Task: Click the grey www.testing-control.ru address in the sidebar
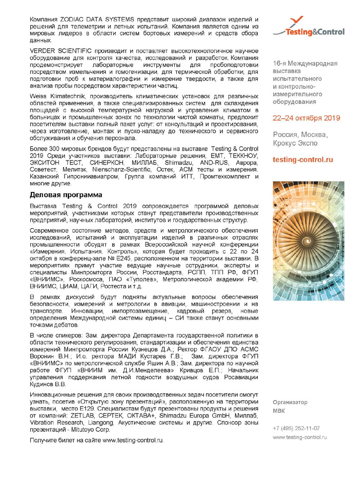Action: [300, 437]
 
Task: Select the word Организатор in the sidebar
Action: [290, 402]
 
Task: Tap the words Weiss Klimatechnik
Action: [56, 95]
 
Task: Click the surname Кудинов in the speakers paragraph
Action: [41, 383]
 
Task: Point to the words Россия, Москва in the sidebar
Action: [300, 135]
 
